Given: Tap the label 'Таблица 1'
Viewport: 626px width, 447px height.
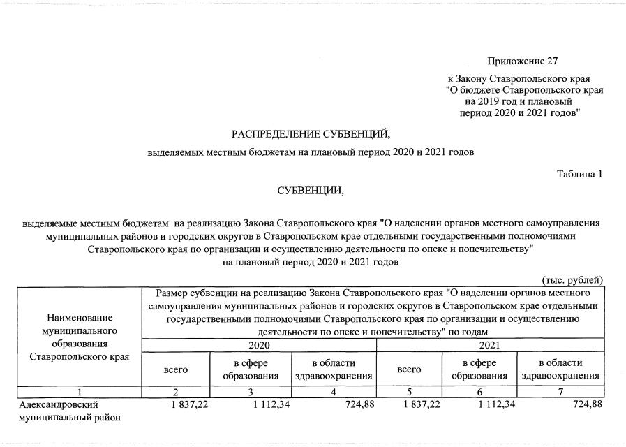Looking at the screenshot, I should [579, 173].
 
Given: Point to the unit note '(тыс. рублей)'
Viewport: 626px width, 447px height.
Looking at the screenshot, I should [572, 280].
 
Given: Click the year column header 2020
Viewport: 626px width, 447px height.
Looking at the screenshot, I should [259, 345].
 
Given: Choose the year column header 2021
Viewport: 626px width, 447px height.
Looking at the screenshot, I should [489, 345].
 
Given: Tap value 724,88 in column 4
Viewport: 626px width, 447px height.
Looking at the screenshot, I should [350, 404].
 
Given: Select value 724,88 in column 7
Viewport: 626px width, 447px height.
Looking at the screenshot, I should [581, 404].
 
